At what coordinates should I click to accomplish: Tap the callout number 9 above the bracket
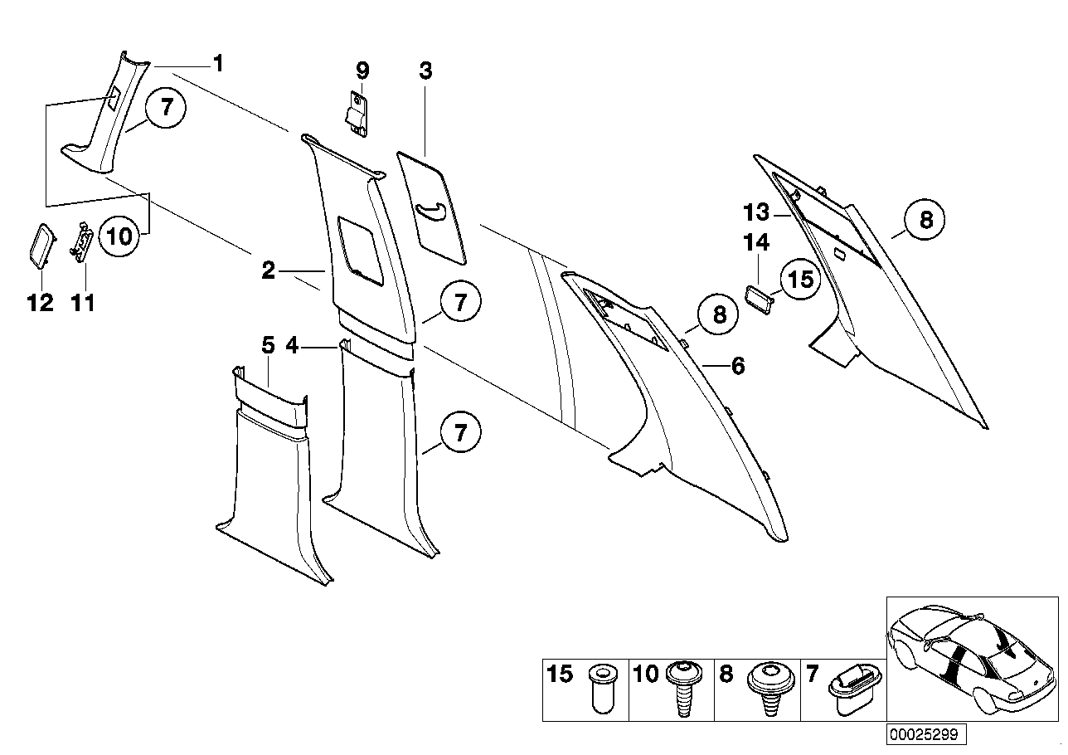[x=362, y=71]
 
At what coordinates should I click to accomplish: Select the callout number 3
[x=425, y=71]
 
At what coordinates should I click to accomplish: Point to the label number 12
[x=40, y=303]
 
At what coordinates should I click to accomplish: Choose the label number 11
[x=83, y=303]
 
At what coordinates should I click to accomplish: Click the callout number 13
[x=757, y=213]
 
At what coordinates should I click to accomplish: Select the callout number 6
[x=737, y=365]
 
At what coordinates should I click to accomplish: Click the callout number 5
[x=268, y=345]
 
